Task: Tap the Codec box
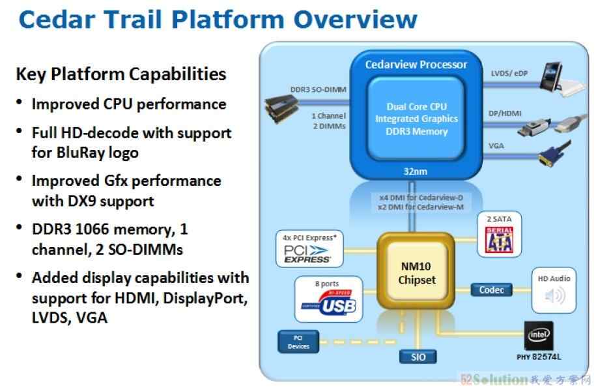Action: [x=492, y=290]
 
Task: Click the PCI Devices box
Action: [x=298, y=342]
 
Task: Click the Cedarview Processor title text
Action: [x=416, y=65]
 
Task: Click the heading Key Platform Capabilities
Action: [x=121, y=74]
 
